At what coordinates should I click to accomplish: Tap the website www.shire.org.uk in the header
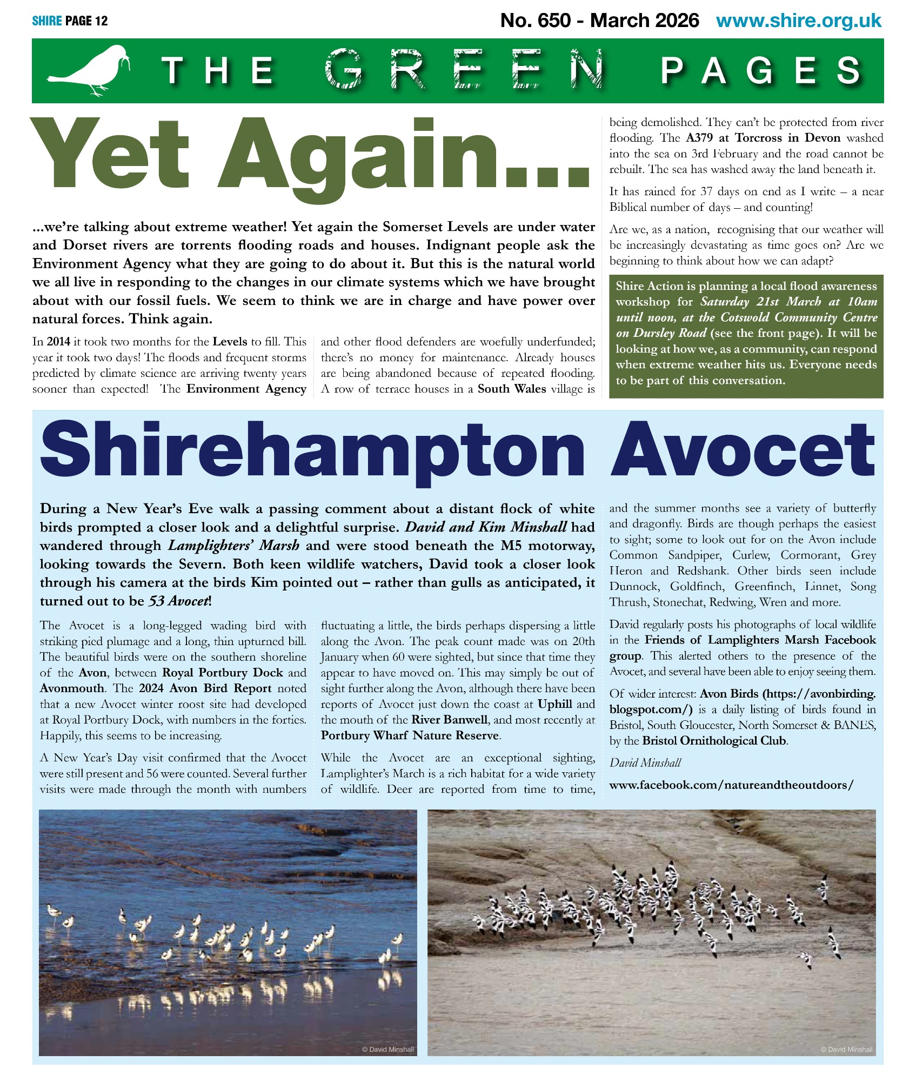798,21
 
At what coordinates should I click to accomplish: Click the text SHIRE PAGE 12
70,21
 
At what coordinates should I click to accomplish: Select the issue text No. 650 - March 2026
599,21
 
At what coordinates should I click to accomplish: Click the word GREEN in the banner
464,70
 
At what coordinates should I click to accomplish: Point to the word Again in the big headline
403,157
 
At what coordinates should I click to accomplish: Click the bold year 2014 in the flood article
58,342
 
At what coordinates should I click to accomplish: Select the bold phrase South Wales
511,389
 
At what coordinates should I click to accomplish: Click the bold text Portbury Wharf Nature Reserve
410,735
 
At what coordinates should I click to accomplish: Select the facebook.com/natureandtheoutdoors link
731,785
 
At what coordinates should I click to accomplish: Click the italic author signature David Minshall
645,762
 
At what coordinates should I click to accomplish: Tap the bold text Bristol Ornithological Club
714,740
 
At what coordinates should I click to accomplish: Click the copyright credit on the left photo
387,1050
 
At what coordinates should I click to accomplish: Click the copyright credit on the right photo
846,1050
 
